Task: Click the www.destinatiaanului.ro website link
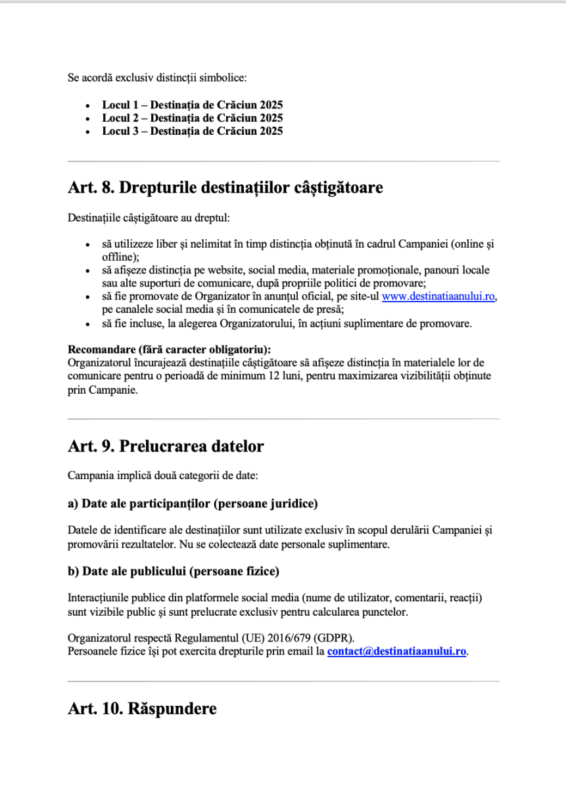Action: click(438, 296)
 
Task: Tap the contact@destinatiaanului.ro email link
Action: click(396, 652)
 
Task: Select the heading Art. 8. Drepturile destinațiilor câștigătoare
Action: click(225, 188)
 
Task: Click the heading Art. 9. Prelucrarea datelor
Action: click(166, 447)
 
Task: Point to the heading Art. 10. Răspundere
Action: click(142, 710)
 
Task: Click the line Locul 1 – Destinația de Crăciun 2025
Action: click(192, 105)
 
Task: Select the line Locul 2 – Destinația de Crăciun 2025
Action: click(192, 118)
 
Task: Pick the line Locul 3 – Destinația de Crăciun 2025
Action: click(192, 131)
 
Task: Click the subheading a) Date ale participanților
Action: click(193, 504)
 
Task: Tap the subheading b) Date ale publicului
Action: click(174, 572)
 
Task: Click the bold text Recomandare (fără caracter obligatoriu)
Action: click(170, 349)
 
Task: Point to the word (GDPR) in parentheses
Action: click(335, 638)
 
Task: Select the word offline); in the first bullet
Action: click(120, 256)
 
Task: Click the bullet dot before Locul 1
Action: click(88, 106)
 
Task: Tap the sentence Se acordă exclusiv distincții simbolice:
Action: click(157, 78)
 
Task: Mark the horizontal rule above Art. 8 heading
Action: click(283, 161)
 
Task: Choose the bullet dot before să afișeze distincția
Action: click(88, 271)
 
